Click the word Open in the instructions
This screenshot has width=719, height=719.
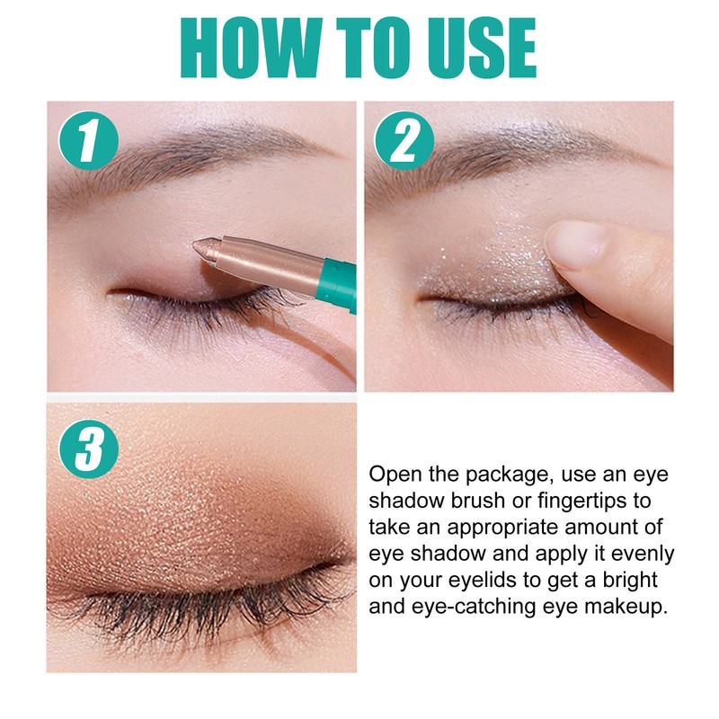click(395, 475)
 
